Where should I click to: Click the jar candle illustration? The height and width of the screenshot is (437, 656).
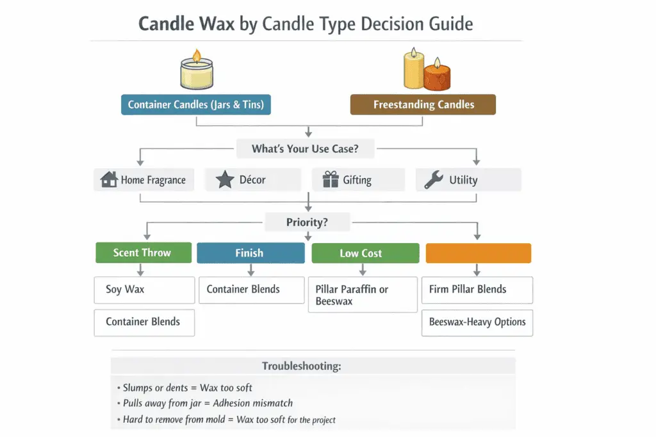[196, 72]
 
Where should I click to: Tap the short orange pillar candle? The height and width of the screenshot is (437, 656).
[437, 75]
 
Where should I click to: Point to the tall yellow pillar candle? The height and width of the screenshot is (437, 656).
[413, 69]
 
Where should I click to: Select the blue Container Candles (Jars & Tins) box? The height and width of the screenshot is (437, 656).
[195, 105]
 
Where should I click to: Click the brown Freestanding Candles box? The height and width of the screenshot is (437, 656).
[423, 105]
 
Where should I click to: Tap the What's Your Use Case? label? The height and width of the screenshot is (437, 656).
[305, 149]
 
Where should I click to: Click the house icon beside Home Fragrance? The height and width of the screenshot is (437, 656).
[109, 180]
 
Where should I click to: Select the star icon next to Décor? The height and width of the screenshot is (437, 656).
[225, 180]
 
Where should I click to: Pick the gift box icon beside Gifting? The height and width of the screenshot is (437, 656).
[330, 180]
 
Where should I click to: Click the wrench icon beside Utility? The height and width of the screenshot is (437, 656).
[434, 180]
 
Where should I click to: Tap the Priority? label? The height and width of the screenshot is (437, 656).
[307, 223]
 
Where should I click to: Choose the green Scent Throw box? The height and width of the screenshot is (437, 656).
[143, 253]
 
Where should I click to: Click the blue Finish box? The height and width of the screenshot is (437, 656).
[250, 253]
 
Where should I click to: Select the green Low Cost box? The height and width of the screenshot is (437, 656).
[365, 253]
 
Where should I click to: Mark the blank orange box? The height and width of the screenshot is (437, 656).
[478, 253]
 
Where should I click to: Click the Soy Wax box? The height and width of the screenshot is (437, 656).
[144, 290]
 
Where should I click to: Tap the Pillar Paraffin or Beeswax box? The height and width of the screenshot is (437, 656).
[363, 295]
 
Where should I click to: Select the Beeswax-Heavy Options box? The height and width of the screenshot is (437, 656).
[477, 322]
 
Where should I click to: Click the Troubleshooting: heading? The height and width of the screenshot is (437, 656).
[301, 367]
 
